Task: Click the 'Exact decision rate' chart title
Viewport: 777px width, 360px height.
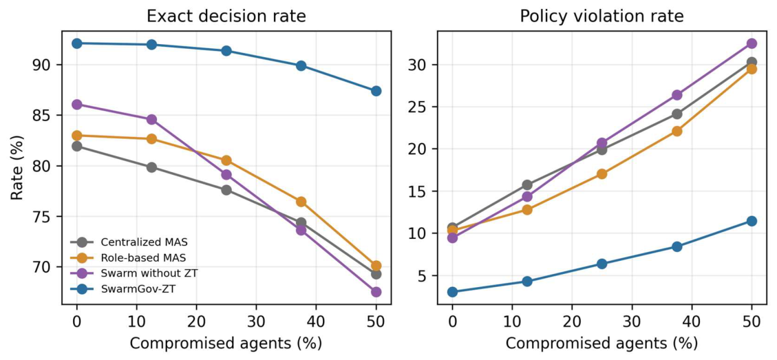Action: tap(226, 17)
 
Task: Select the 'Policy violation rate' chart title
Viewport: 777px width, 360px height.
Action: tap(602, 17)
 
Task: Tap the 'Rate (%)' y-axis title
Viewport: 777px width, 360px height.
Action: tap(18, 167)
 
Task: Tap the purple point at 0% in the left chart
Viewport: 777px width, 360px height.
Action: tap(77, 104)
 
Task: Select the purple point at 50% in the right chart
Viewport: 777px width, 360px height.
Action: tap(752, 43)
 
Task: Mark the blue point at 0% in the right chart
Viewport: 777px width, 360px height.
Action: tap(452, 292)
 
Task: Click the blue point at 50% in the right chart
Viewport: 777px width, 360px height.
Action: tap(752, 221)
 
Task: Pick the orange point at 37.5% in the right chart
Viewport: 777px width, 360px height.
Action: tap(677, 131)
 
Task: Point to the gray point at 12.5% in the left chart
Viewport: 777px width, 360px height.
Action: tap(151, 167)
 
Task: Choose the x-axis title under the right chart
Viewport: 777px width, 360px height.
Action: tap(602, 342)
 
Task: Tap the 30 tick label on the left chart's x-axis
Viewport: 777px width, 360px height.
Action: tap(256, 321)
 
